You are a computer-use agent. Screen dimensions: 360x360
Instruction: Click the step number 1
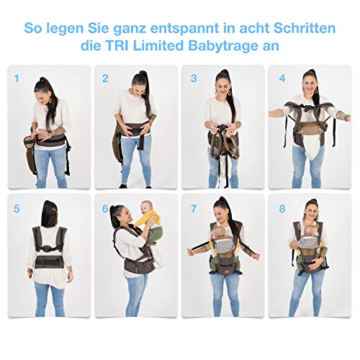tap(16, 76)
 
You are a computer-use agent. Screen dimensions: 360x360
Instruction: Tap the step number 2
tap(105, 77)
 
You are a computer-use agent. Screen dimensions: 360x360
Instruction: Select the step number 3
tap(194, 77)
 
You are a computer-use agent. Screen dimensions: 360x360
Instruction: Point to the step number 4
tap(282, 77)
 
